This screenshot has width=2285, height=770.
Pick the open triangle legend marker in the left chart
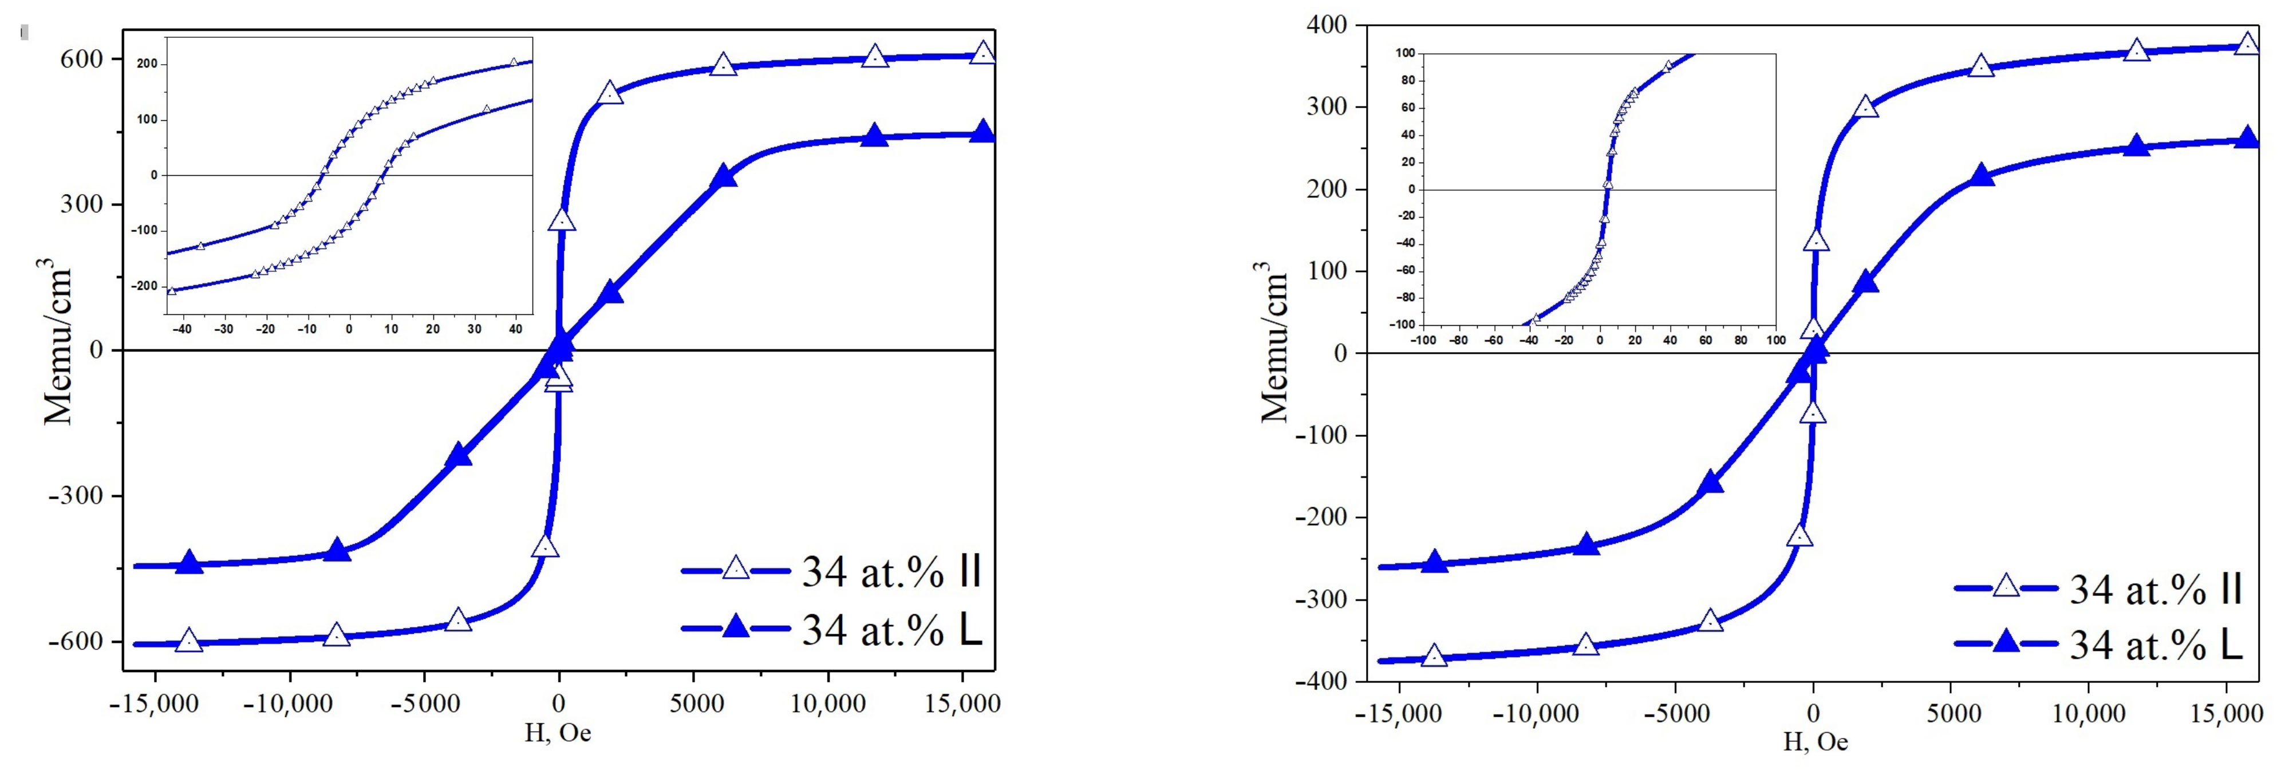click(735, 568)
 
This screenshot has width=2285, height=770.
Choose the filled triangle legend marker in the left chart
click(735, 627)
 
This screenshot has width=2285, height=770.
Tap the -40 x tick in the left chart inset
click(182, 329)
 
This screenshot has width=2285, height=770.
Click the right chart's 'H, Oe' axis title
click(1815, 741)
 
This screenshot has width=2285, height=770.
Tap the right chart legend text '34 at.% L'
click(2156, 646)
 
